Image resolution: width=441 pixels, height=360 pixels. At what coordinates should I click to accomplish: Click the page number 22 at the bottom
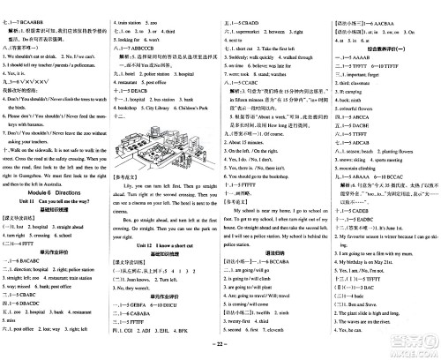(220, 354)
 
